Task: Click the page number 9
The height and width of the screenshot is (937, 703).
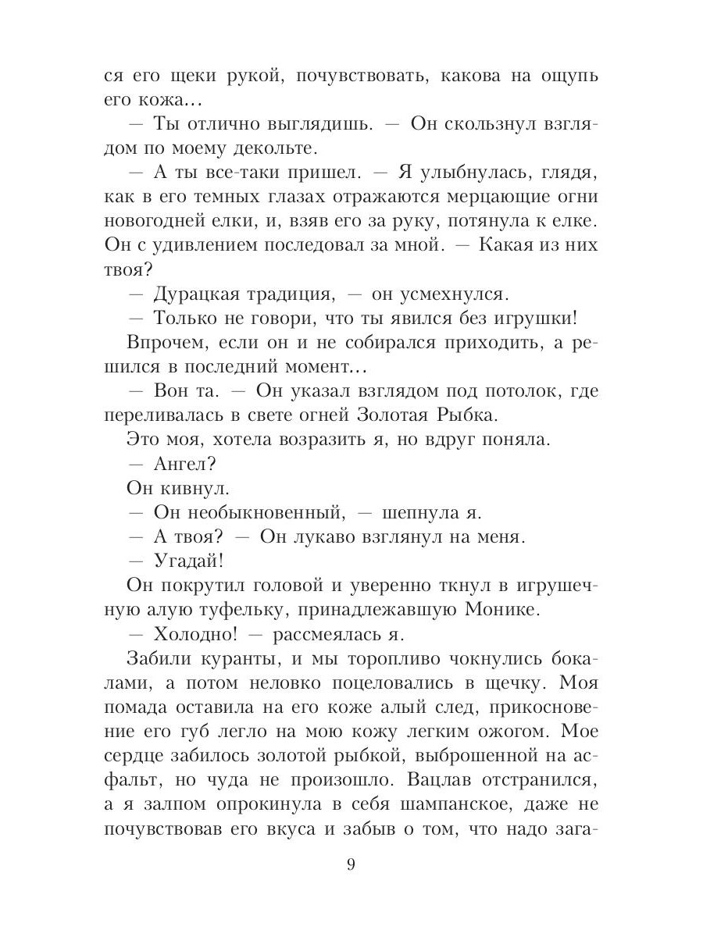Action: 351,865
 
